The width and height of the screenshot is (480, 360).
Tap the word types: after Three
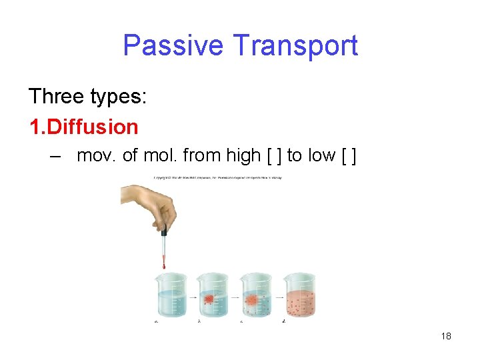(x=122, y=97)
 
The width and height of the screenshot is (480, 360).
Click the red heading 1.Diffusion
(x=84, y=127)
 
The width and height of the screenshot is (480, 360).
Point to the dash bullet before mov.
(x=57, y=157)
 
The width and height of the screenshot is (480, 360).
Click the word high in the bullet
(x=241, y=156)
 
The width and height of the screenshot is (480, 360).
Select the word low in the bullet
(x=321, y=156)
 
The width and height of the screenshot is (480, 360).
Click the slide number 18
(x=446, y=336)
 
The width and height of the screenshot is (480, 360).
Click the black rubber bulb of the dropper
(x=163, y=233)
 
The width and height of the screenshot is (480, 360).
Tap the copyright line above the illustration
(x=217, y=177)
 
